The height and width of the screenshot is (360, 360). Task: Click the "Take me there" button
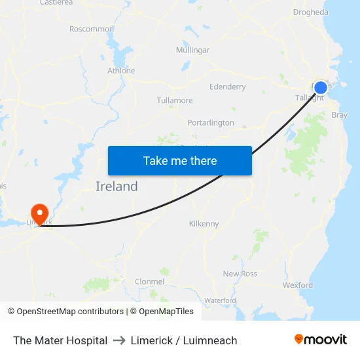[180, 160]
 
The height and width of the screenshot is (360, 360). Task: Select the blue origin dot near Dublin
[321, 88]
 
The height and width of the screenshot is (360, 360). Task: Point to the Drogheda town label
[311, 12]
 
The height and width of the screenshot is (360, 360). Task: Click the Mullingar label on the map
[192, 50]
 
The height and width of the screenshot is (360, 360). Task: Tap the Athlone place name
[121, 71]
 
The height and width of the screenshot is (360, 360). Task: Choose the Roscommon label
[92, 29]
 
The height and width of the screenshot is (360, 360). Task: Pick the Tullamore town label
[175, 101]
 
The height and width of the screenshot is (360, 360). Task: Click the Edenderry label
[228, 86]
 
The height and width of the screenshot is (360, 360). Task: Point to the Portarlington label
[210, 122]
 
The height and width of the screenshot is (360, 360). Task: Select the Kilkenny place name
[204, 224]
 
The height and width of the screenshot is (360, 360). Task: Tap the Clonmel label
[149, 281]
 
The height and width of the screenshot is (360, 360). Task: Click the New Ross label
[240, 274]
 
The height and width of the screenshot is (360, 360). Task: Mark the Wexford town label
[298, 285]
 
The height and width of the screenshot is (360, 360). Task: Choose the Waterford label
[220, 300]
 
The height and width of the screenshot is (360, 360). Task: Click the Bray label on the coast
[340, 115]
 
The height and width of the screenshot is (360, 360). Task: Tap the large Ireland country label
[117, 187]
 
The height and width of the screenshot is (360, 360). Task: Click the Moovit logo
[321, 340]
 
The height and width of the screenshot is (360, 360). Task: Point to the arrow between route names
[119, 340]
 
